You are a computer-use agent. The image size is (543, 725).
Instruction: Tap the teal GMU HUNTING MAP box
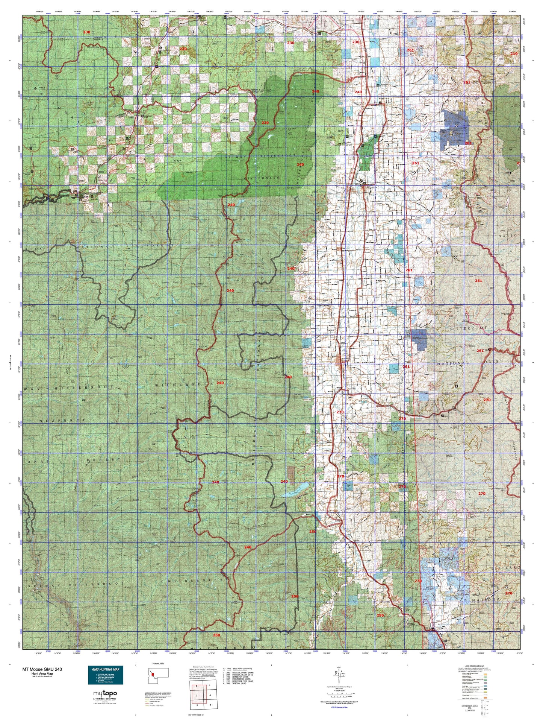105,675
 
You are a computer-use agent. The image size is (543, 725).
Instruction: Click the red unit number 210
514,53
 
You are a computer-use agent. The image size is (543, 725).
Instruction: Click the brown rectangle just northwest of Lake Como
291,472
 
